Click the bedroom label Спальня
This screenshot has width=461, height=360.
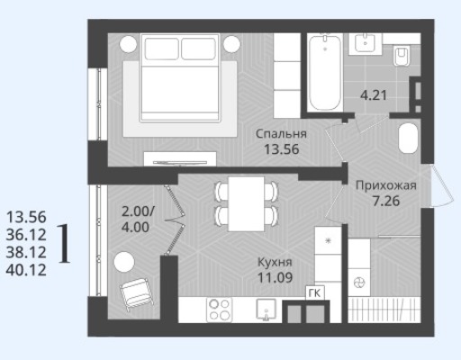click(x=281, y=134)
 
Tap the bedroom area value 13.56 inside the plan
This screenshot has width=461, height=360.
click(x=281, y=149)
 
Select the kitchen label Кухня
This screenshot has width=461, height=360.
click(x=275, y=262)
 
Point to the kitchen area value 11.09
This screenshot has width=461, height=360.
click(x=275, y=278)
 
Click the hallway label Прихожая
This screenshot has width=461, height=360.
click(x=386, y=185)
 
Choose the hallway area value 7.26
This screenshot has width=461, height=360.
click(x=386, y=201)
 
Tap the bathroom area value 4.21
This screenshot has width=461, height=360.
click(x=374, y=95)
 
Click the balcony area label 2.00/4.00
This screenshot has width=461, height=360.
click(x=138, y=220)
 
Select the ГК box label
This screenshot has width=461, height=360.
click(x=314, y=293)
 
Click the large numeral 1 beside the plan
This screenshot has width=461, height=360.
click(x=64, y=244)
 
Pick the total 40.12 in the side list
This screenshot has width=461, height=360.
click(x=26, y=270)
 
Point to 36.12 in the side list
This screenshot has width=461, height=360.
click(x=26, y=235)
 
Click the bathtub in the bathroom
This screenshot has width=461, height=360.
click(x=325, y=73)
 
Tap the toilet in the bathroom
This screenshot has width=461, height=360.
click(x=402, y=56)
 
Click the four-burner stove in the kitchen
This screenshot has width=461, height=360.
click(x=220, y=310)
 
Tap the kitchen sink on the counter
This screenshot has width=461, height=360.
click(x=266, y=310)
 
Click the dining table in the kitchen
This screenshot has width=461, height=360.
click(x=246, y=204)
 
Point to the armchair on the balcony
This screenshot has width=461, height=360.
click(x=138, y=293)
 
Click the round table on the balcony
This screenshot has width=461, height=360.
click(x=124, y=262)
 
